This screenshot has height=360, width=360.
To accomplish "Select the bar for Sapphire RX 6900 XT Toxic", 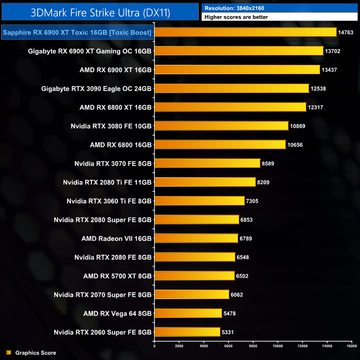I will [x=245, y=32].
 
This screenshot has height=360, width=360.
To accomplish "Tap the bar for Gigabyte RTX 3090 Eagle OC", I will [x=231, y=89].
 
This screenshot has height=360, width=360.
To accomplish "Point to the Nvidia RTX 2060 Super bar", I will [x=187, y=332].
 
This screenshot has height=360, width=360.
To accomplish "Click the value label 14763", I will [x=345, y=33].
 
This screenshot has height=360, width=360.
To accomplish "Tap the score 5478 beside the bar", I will [x=230, y=313].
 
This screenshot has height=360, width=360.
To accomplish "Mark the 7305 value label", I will [x=253, y=201].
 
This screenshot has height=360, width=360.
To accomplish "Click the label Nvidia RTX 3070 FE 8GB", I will [x=113, y=163].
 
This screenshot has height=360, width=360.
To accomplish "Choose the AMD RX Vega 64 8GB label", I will [x=116, y=313].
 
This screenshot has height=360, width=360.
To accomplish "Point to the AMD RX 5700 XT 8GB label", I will [x=117, y=276].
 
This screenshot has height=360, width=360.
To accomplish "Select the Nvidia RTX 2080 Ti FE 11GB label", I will [x=107, y=182].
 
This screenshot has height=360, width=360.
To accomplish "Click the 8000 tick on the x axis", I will [x=253, y=346].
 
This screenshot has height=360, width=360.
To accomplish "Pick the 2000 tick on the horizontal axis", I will [x=179, y=346].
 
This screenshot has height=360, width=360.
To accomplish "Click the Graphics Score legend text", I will [x=35, y=352].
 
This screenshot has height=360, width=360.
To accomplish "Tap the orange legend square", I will [x=8, y=352].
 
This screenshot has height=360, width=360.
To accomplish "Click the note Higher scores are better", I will [x=238, y=18].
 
